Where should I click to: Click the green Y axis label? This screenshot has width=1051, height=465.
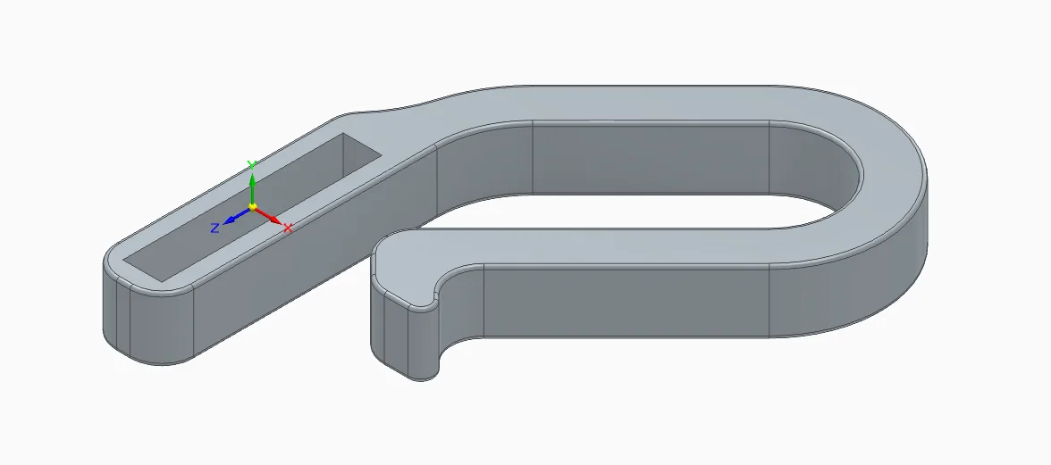coord(252,164)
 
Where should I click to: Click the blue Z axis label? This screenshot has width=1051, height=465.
coord(214,228)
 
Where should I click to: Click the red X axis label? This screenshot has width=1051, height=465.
coord(288,228)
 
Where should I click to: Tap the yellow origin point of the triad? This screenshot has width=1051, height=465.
coord(253,207)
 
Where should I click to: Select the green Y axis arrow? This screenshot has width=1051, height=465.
coord(252,190)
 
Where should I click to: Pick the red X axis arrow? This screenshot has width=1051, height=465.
coord(268,216)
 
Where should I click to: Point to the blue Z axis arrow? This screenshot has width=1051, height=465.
coord(238,215)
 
